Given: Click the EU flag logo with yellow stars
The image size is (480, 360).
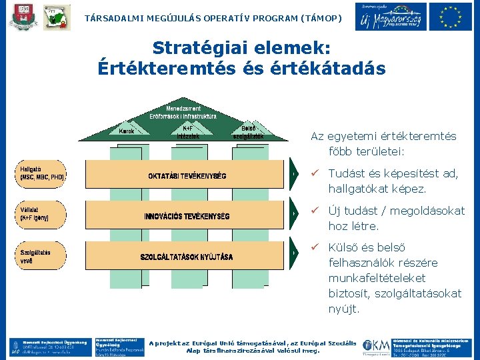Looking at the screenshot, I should (451, 17).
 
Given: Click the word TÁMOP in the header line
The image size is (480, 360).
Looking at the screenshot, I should (320, 19).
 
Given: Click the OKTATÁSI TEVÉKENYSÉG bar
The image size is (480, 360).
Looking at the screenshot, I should (187, 176).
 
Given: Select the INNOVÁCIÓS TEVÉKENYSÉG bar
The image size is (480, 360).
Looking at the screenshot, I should (187, 216).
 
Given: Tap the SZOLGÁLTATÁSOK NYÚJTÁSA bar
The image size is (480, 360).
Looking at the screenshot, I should (187, 257).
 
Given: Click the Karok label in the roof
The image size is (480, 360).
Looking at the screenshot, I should (127, 131).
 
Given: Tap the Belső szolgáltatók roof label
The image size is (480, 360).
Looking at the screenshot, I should (248, 132).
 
